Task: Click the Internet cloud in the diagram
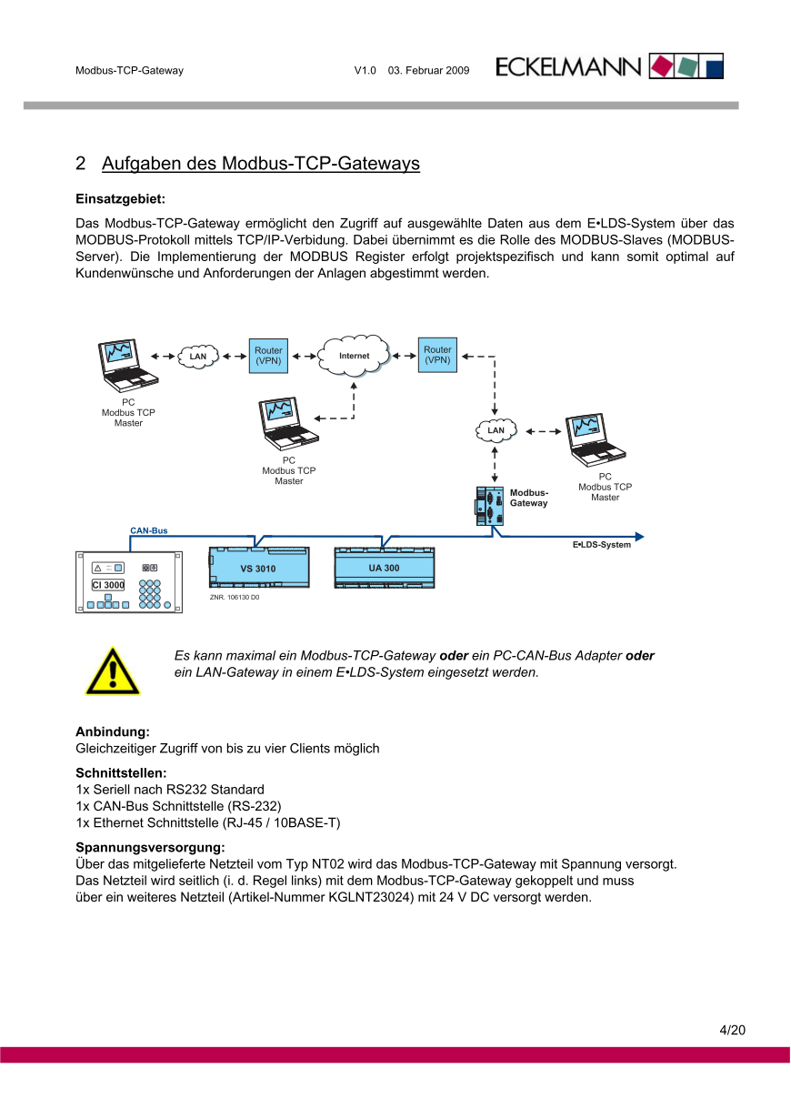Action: (x=354, y=356)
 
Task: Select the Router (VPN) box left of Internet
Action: (x=268, y=356)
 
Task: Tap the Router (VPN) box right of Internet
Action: (x=437, y=355)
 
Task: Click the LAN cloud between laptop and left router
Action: (x=198, y=356)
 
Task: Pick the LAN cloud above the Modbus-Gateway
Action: (x=496, y=429)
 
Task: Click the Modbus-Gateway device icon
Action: (x=488, y=506)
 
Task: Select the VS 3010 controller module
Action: (x=258, y=568)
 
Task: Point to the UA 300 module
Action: (x=384, y=567)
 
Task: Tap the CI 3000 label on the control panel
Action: (x=108, y=585)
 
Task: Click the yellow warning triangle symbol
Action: (x=113, y=673)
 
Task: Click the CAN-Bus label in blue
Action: (x=149, y=530)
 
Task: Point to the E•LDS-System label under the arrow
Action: (x=601, y=545)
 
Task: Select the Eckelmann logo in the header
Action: (x=609, y=66)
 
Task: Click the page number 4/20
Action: (x=732, y=1030)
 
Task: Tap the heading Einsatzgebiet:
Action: (x=119, y=198)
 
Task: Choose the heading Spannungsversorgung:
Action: (x=150, y=847)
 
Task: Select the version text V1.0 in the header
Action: (x=365, y=70)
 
